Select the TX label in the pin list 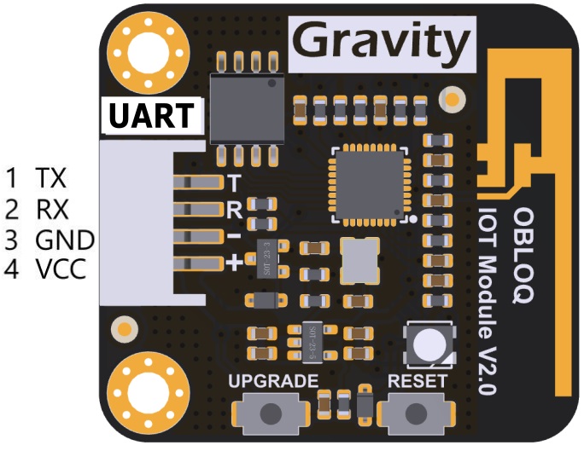51,178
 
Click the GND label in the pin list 64,240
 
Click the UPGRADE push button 271,413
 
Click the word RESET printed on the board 418,381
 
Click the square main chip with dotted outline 371,182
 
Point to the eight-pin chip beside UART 247,107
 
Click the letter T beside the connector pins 233,182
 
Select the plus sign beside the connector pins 233,262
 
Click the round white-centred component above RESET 430,344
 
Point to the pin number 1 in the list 11,178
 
